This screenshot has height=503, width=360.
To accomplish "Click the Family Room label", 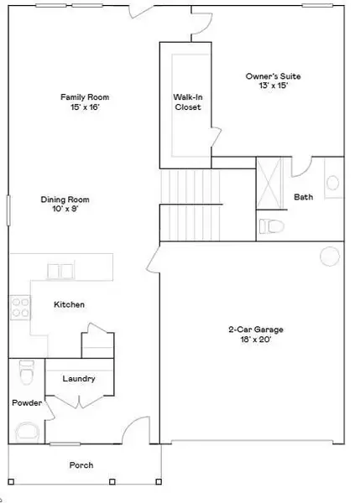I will [84, 102].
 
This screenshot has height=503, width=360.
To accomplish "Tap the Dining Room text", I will [65, 205].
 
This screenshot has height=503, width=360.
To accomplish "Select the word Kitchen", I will [69, 304].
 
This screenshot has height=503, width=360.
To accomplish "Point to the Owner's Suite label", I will [273, 81].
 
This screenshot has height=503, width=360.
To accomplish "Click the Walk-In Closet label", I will [187, 101].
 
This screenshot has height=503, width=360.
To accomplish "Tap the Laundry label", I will [79, 379].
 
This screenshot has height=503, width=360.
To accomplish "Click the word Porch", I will [81, 465].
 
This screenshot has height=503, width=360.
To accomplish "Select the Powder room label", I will [26, 403].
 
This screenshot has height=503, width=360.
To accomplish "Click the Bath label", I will [303, 198].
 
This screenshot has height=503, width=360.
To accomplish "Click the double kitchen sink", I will [60, 270].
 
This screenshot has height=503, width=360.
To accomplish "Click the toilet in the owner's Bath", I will [270, 226].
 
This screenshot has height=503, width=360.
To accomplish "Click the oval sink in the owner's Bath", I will [333, 184].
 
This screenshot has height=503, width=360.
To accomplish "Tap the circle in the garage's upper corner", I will [328, 256].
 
